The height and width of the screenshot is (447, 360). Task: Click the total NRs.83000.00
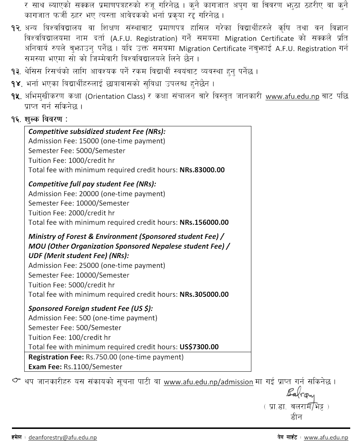[x=202, y=170]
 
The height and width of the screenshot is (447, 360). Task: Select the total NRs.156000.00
[x=204, y=223]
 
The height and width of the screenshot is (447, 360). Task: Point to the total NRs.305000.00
[x=204, y=295]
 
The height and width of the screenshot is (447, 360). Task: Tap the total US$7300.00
[x=199, y=347]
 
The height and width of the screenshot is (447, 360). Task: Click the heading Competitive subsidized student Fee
[x=97, y=132]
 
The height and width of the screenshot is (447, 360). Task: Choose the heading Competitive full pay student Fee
[x=92, y=184]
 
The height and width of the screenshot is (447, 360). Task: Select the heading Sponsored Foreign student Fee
[x=91, y=309]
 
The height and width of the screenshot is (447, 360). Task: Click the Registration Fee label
[x=56, y=357]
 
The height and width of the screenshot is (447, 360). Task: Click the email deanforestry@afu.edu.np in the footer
[x=62, y=438]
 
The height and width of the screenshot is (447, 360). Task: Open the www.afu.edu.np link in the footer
[x=326, y=438]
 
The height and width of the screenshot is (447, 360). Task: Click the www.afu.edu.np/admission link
[x=208, y=382]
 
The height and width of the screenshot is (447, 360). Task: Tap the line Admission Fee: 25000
[x=97, y=266]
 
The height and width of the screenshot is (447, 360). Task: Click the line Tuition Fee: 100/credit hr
[x=70, y=337]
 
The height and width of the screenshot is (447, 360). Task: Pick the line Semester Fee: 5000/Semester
[x=77, y=151]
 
